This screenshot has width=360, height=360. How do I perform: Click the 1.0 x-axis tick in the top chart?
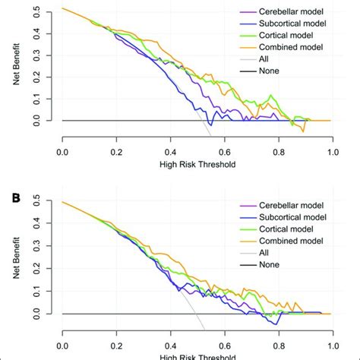point(332,152)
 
